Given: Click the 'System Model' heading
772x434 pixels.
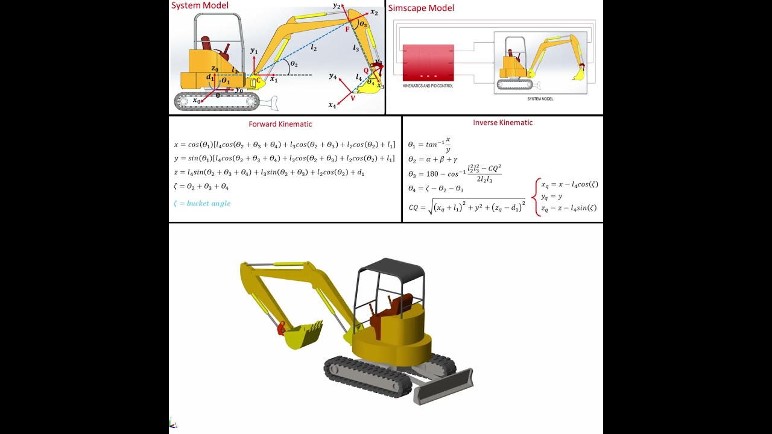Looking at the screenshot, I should [x=200, y=6].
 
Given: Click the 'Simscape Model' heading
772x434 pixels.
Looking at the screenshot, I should [x=421, y=8].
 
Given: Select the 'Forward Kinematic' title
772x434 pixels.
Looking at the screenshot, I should [x=280, y=124].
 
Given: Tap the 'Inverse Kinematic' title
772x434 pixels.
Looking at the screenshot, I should [x=502, y=123].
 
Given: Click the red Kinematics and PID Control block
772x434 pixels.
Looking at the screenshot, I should [x=428, y=63].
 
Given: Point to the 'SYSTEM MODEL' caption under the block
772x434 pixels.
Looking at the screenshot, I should [x=540, y=99].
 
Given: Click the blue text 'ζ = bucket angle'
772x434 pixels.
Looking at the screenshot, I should [x=202, y=204].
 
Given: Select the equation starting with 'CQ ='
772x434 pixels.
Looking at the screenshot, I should [x=467, y=207].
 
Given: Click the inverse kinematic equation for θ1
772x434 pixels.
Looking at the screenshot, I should [x=429, y=145].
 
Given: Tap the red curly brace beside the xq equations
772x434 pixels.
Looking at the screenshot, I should [x=534, y=197].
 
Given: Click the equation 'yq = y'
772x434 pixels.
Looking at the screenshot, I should [x=551, y=197].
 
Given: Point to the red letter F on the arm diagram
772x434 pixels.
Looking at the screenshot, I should [x=347, y=30].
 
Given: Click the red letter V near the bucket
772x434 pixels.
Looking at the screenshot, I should [x=353, y=98].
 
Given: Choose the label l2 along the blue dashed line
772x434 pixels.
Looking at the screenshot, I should [x=314, y=48].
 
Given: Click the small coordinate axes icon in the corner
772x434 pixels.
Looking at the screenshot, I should [x=172, y=424].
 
